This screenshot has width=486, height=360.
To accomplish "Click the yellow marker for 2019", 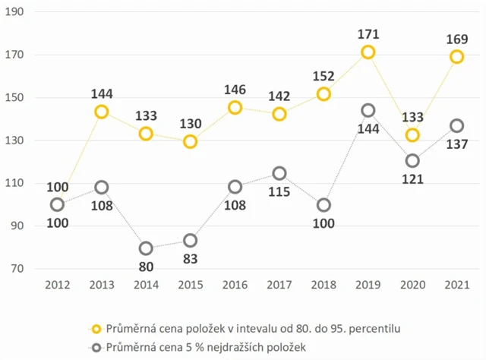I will [368, 52].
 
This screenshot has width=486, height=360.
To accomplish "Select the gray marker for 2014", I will [146, 248].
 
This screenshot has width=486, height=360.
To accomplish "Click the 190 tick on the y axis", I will [15, 12].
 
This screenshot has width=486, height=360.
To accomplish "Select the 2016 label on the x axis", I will [235, 286].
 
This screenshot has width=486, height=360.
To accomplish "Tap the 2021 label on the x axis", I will [456, 286].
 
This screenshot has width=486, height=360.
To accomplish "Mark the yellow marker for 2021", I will [456, 57].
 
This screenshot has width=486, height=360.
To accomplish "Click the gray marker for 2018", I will [323, 205].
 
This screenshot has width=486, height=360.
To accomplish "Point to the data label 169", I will [456, 38].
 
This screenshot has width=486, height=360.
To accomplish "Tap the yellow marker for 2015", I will [190, 141].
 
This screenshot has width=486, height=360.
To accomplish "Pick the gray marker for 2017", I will [279, 173].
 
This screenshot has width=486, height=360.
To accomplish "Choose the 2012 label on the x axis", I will [58, 286].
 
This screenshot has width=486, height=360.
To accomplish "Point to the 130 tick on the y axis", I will [15, 141].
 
